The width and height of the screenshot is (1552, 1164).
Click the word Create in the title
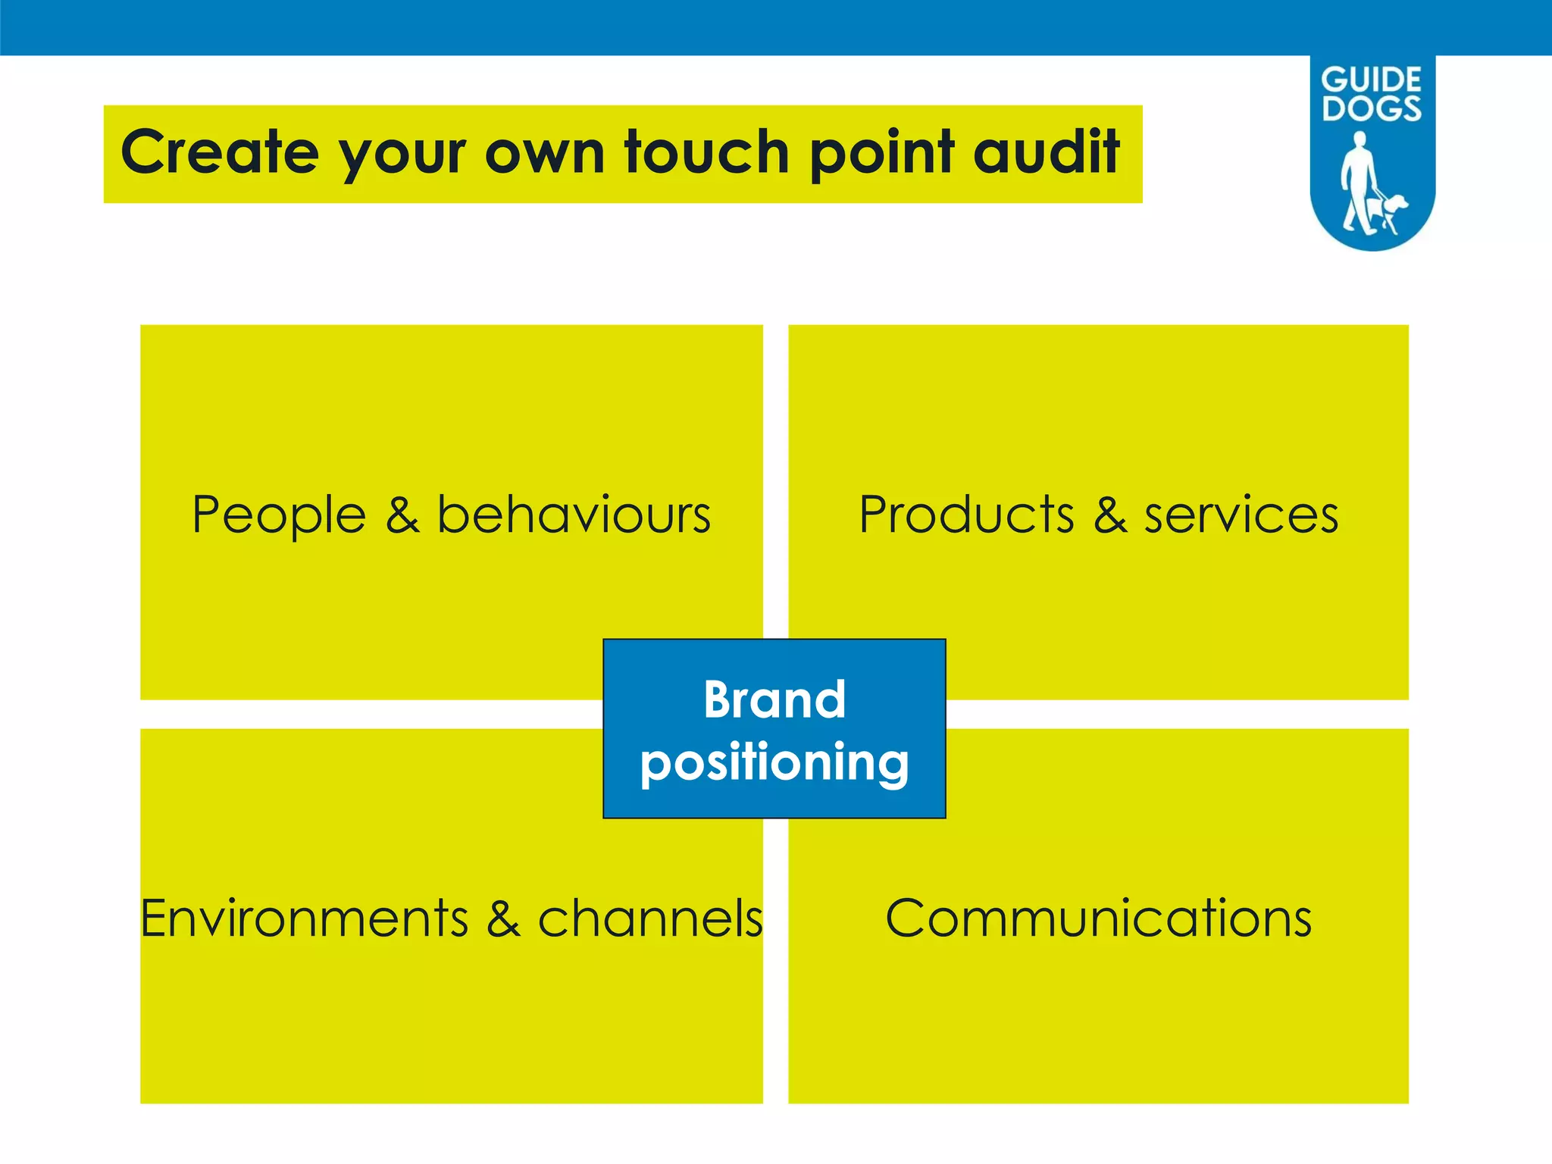219,152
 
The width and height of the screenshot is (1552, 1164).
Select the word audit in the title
1046,152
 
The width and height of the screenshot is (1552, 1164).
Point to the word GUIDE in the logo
1371,80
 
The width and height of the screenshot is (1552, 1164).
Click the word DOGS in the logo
1372,108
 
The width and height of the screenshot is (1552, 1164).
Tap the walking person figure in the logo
1359,182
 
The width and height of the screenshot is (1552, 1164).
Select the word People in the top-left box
279,516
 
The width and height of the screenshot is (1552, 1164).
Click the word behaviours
574,515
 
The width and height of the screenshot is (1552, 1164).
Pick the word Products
966,515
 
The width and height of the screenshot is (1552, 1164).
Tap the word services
1241,516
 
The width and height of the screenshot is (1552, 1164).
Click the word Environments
305,918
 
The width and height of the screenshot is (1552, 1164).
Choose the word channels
649,918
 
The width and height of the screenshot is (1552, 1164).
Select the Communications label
1098,918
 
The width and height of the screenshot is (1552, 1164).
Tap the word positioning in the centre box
774,764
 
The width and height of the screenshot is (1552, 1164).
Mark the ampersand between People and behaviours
402,515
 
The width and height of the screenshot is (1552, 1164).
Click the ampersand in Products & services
1109,515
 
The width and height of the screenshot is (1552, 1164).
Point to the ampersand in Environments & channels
503,918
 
